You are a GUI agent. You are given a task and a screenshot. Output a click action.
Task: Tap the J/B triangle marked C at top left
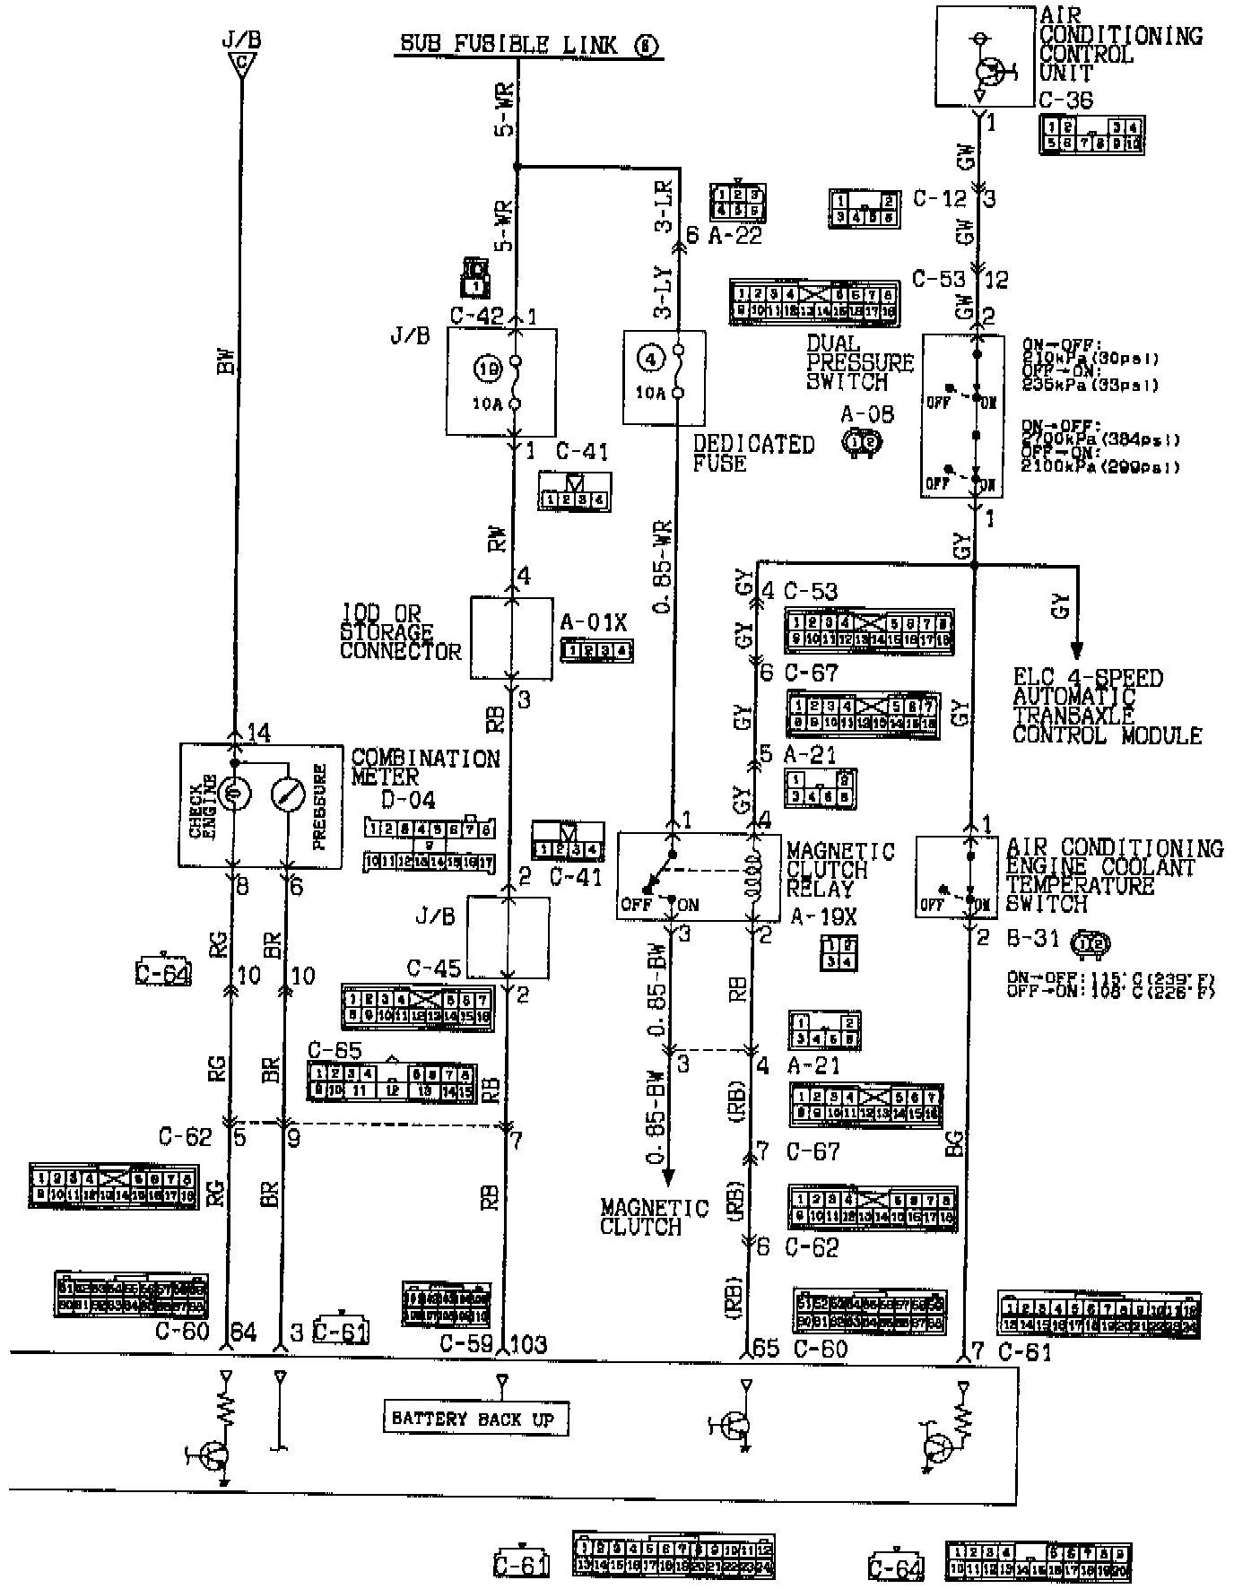239,63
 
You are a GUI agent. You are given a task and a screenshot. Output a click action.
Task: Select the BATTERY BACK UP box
473,1419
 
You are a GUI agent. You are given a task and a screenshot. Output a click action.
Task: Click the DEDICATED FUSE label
752,454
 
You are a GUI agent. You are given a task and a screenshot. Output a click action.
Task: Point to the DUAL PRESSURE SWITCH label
859,362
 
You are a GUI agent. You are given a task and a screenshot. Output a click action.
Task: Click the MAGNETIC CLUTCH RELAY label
839,870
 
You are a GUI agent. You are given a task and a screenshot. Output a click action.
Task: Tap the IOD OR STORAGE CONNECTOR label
400,633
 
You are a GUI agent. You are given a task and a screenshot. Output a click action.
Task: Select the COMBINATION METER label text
425,768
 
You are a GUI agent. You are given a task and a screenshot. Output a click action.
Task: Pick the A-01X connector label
594,622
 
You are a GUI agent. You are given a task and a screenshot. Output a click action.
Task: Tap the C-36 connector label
1065,100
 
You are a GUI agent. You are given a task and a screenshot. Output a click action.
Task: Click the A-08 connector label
866,414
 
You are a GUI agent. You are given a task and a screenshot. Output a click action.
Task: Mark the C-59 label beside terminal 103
465,1343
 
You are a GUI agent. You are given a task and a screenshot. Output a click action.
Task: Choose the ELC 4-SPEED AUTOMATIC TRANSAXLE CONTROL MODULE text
1107,707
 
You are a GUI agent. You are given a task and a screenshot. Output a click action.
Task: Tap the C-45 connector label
434,968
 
